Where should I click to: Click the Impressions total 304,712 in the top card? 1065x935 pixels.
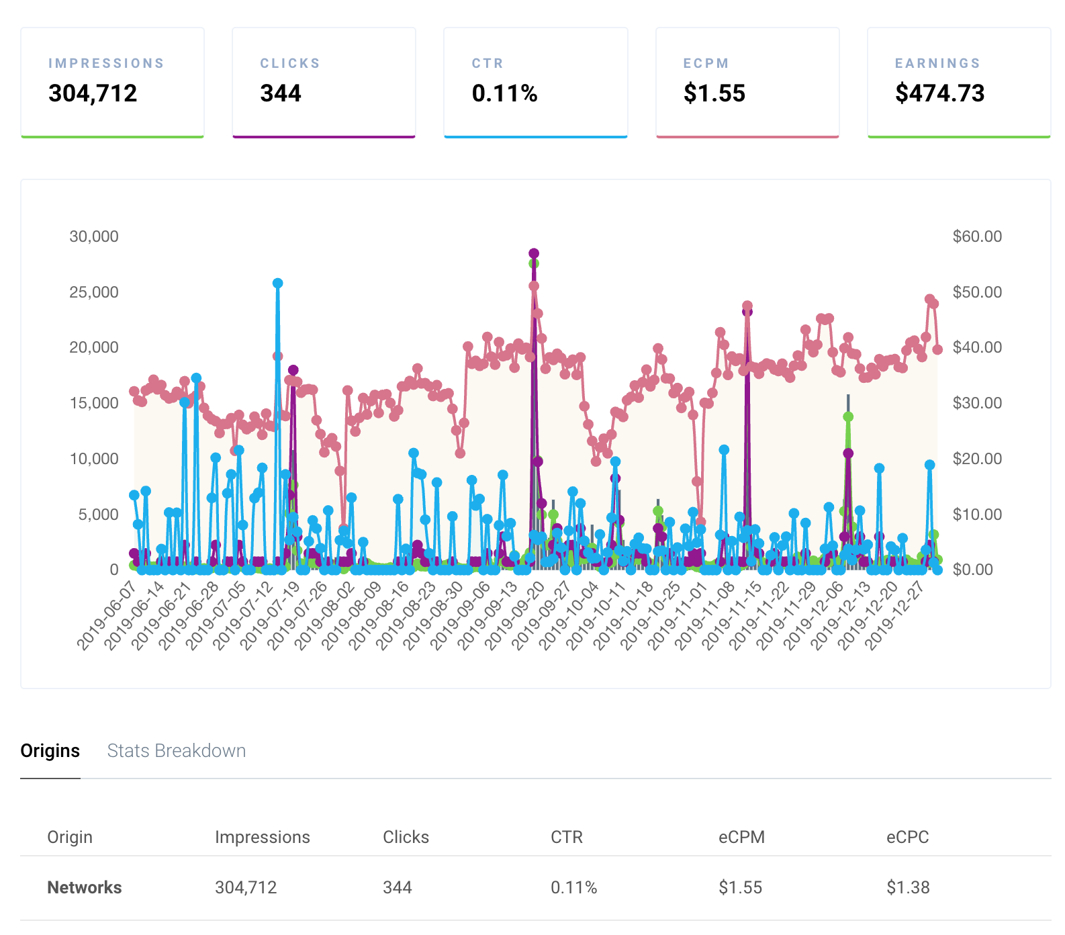(x=93, y=93)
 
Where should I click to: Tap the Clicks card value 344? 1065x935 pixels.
(x=281, y=93)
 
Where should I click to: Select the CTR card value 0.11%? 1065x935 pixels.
(x=504, y=93)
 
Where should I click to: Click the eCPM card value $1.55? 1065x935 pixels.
(x=714, y=93)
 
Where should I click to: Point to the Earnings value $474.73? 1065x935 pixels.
(x=939, y=93)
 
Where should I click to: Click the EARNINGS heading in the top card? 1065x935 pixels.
(x=937, y=63)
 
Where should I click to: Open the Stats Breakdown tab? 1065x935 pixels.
(x=177, y=750)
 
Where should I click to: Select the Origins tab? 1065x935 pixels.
(x=50, y=750)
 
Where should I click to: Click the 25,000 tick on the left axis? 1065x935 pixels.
(x=94, y=292)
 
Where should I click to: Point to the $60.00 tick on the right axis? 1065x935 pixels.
(x=977, y=236)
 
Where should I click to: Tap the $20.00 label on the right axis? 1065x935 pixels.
(x=977, y=459)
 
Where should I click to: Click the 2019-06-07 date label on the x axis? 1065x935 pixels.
(x=107, y=616)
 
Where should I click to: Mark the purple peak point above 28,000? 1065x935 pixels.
(x=534, y=253)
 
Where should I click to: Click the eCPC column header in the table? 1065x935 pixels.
(x=907, y=837)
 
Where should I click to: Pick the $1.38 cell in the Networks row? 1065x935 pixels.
(x=908, y=887)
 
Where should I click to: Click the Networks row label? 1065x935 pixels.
(x=85, y=887)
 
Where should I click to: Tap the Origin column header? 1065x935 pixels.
(x=70, y=837)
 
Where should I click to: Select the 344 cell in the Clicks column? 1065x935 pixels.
(x=397, y=887)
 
